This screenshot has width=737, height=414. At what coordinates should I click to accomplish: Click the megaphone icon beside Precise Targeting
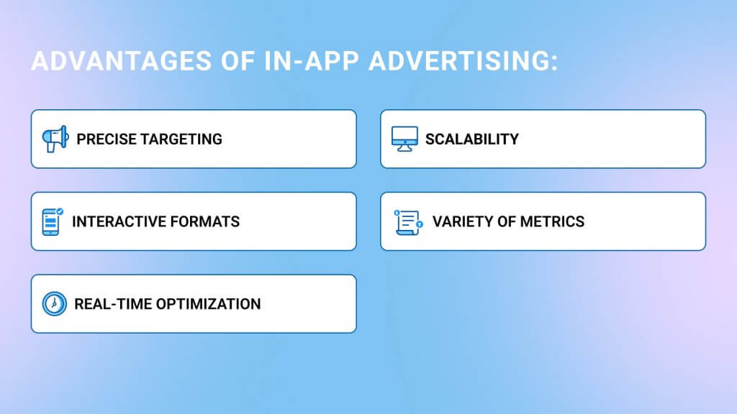(x=55, y=139)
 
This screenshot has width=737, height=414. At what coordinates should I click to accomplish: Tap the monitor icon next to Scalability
(x=404, y=139)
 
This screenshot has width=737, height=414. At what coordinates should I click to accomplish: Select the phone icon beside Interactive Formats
(x=52, y=221)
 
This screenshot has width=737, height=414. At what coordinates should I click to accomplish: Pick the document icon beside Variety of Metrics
(x=408, y=222)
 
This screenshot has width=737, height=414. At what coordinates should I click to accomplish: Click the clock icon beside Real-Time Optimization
(x=55, y=304)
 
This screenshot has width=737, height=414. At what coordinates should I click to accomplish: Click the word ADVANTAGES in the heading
(x=121, y=62)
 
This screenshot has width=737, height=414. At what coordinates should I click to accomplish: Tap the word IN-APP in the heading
(x=312, y=62)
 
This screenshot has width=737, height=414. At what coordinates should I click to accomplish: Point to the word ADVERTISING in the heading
(x=459, y=62)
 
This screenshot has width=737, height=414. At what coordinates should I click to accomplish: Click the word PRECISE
(x=107, y=139)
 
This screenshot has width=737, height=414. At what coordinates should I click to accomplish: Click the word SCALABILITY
(x=472, y=139)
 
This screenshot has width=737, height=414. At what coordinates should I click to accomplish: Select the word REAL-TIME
(x=113, y=304)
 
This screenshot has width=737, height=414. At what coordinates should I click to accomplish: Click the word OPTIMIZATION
(x=208, y=304)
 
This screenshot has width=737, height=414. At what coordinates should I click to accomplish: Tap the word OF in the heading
(x=238, y=62)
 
